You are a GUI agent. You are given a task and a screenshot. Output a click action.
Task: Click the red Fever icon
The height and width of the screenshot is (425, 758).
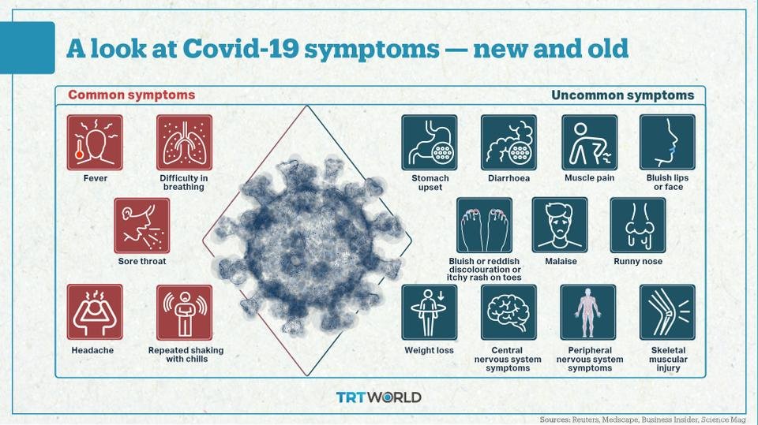[95, 143]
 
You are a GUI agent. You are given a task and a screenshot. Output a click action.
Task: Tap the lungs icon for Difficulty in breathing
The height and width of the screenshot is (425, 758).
[184, 143]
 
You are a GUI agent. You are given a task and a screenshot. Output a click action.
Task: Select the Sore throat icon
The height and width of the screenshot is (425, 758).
[141, 226]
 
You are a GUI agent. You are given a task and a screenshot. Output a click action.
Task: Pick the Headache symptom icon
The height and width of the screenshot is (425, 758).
[95, 312]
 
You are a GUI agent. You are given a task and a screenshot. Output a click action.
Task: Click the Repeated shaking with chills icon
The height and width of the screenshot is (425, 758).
[184, 312]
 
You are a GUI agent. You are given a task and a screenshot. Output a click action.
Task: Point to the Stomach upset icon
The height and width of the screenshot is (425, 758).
[430, 143]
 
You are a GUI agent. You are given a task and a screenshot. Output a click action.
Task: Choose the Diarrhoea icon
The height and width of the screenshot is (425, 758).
[508, 143]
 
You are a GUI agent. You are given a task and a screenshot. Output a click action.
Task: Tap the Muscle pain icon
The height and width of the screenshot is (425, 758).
[589, 143]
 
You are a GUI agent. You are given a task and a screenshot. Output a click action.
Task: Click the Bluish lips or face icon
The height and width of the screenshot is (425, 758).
[667, 143]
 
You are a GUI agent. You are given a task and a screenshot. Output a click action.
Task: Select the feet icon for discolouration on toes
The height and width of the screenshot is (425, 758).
[484, 226]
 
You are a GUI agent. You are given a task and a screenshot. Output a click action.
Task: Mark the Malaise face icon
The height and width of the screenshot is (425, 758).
[560, 226]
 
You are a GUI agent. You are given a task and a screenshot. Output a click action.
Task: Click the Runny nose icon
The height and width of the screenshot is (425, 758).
[638, 226]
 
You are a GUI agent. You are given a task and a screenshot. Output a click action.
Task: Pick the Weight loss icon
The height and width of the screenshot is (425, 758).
[430, 312]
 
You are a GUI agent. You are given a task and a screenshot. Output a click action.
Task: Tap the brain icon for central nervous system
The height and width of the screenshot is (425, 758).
[508, 312]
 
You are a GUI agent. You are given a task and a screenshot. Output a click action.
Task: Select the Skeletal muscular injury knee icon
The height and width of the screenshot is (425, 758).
[667, 312]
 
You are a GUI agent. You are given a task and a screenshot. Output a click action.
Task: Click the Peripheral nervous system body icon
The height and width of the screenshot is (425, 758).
[587, 312]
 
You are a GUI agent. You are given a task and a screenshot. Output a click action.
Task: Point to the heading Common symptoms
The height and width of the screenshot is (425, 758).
[132, 95]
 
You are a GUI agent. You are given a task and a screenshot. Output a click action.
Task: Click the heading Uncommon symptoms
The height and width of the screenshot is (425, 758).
[623, 95]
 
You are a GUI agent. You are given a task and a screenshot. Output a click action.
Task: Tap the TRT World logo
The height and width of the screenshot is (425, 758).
[378, 397]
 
